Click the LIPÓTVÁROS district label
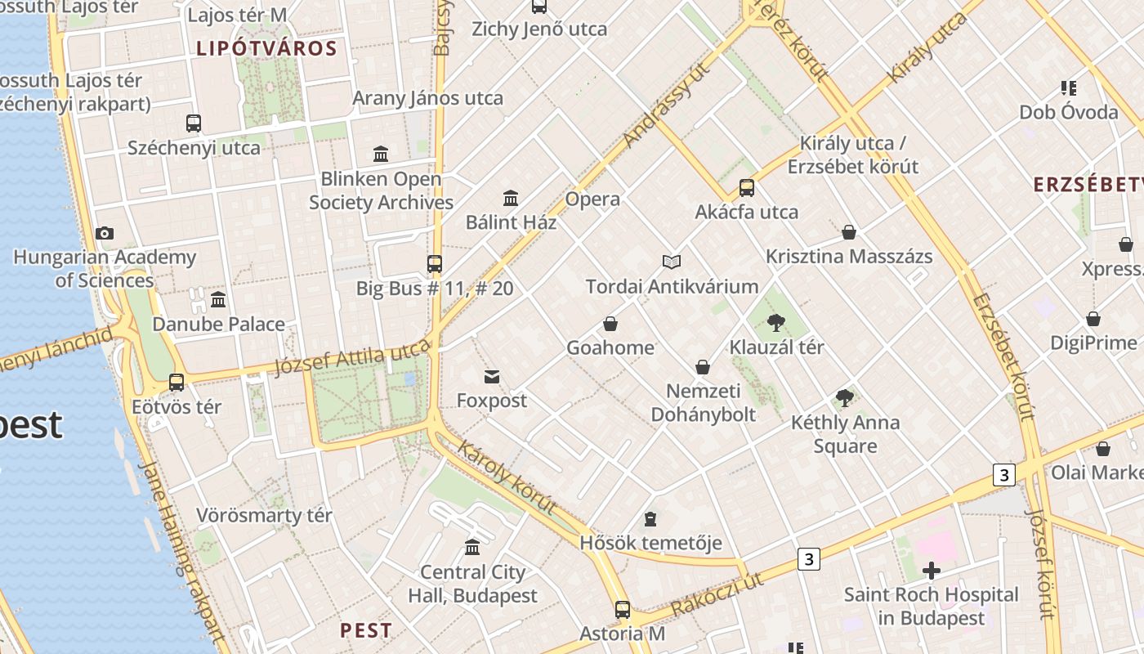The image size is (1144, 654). tap(266, 48)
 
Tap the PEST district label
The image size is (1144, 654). tap(366, 630)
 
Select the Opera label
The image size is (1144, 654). tap(592, 199)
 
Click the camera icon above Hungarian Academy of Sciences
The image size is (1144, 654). tap(105, 234)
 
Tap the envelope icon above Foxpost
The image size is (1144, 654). tap(492, 377)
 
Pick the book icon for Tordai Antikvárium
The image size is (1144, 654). tap(672, 262)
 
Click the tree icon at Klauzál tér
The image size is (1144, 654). tap(776, 323)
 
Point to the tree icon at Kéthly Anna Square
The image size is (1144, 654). tap(845, 398)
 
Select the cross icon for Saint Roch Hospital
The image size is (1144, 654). tap(931, 571)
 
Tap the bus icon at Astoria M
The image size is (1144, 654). tap(623, 609)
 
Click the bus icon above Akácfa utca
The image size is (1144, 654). tap(747, 188)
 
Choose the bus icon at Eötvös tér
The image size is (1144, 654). tap(177, 382)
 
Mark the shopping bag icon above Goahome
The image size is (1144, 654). tap(610, 324)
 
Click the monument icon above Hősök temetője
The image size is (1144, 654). tap(650, 518)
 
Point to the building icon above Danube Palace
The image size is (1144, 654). tap(218, 299)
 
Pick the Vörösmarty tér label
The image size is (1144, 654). tap(264, 516)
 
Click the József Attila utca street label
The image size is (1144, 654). tap(352, 358)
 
